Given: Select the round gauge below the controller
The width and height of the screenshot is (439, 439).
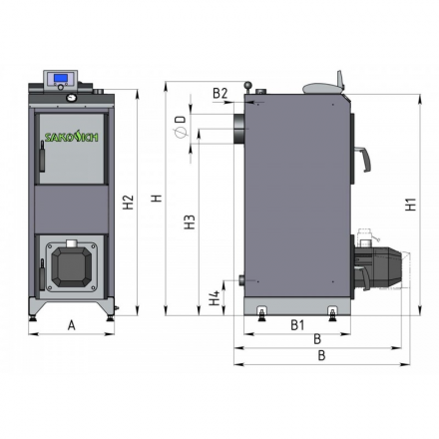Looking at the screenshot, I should [72, 99].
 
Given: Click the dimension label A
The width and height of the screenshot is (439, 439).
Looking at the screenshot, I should [71, 325].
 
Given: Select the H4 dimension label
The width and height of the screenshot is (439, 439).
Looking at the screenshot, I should [214, 296].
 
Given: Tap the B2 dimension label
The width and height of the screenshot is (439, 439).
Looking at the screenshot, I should [220, 94].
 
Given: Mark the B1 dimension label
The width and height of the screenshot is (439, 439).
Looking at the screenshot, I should [296, 325].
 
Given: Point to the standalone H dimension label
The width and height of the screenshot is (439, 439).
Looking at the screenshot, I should [157, 199].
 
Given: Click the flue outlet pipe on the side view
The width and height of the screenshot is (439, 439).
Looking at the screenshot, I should [239, 126].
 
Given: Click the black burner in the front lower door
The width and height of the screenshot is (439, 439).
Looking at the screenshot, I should [72, 263].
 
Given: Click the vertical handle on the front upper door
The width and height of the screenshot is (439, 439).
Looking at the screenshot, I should [40, 156].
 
